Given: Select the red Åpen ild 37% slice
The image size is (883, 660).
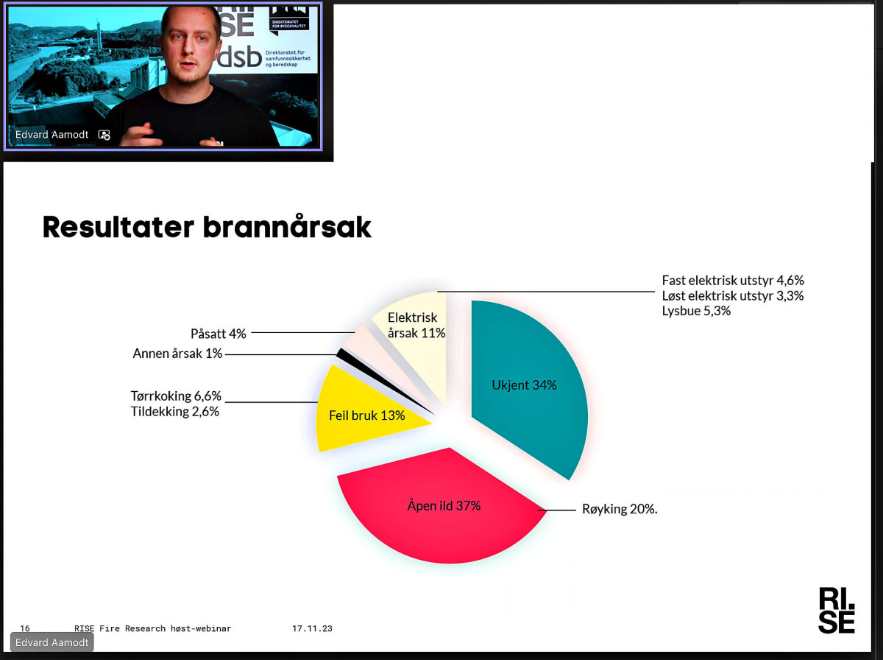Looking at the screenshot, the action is click(442, 511).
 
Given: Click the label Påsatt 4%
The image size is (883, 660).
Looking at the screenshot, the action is click(218, 334).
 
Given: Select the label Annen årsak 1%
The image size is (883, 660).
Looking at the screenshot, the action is click(177, 354).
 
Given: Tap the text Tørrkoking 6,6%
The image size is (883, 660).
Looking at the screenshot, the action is click(176, 396).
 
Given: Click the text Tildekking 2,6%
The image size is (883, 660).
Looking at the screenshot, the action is click(174, 412).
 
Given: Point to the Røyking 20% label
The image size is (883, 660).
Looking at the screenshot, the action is click(620, 509).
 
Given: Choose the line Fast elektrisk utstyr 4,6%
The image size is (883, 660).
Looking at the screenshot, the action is click(733, 280).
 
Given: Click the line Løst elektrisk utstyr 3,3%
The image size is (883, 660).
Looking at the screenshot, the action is click(733, 295).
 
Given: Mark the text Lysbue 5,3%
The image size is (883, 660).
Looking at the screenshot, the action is click(696, 311).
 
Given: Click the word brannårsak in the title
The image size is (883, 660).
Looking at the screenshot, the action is click(287, 227).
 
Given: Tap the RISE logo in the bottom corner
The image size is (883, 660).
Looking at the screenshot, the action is click(837, 611).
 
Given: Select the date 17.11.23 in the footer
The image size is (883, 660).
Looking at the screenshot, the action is click(312, 628).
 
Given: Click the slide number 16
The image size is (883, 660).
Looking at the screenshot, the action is click(25, 628).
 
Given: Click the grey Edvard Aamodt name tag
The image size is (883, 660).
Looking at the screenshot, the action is click(52, 642).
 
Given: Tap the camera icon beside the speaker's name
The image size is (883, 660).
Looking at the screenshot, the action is click(104, 135).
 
